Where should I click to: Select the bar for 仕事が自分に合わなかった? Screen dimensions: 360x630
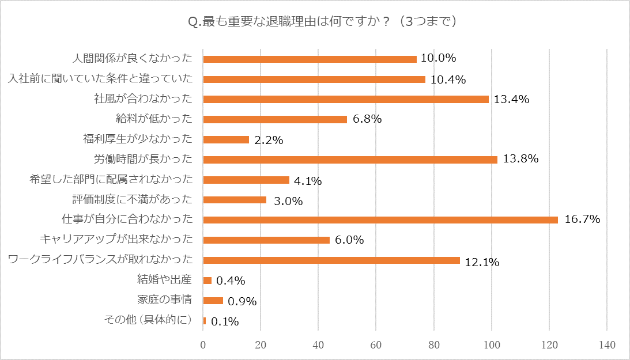coord(380,219)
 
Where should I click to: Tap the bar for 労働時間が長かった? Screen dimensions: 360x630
coord(350,160)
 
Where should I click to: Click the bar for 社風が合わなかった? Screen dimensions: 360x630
coord(346,99)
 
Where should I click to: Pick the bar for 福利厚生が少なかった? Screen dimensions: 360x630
coord(226,139)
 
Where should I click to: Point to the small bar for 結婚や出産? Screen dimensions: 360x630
coord(208,281)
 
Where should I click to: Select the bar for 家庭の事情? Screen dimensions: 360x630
coord(213,300)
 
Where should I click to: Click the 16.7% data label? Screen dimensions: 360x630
coord(582,219)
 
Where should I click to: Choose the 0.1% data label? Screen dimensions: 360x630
coord(225,321)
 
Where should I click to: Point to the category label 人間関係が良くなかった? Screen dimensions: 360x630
coord(136,59)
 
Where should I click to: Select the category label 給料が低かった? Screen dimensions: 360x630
coord(154,119)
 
